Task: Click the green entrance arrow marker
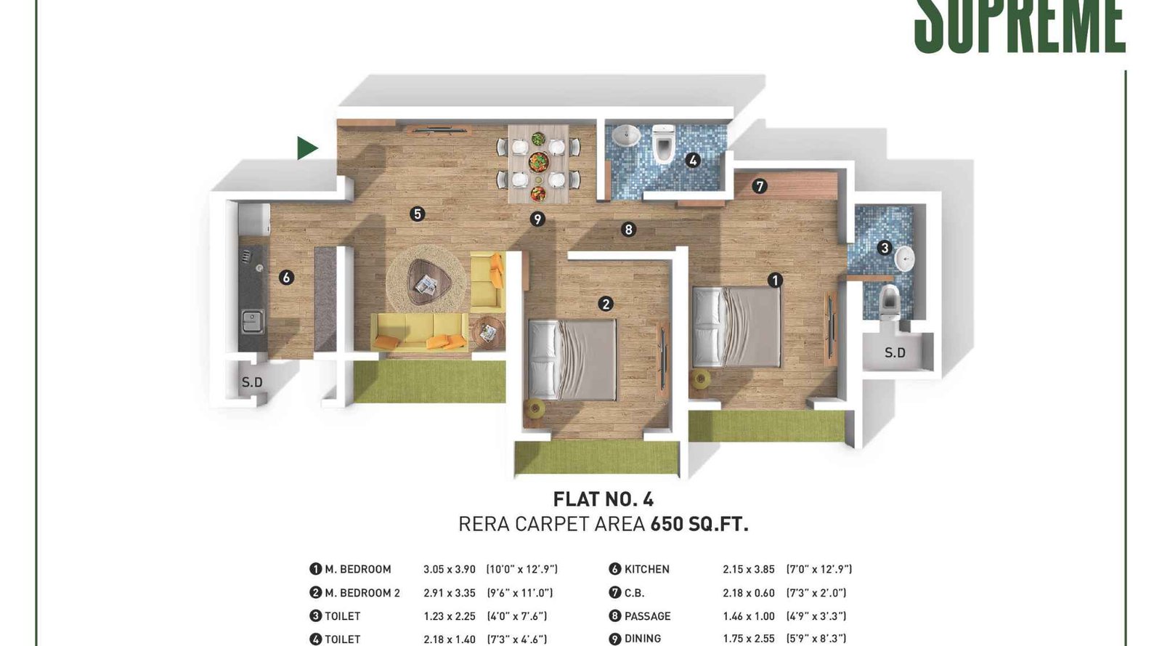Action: pyautogui.click(x=306, y=148)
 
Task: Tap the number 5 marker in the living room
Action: pyautogui.click(x=417, y=214)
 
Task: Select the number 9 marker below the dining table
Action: pyautogui.click(x=537, y=219)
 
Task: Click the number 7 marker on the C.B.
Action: pyautogui.click(x=760, y=186)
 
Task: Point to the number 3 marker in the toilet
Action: pyautogui.click(x=885, y=248)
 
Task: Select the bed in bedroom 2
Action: pyautogui.click(x=572, y=360)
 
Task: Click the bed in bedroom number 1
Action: pyautogui.click(x=736, y=326)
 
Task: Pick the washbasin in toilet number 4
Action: pyautogui.click(x=625, y=135)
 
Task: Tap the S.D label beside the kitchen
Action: pyautogui.click(x=252, y=382)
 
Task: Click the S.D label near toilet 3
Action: pyautogui.click(x=895, y=353)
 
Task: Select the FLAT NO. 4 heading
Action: pyautogui.click(x=603, y=499)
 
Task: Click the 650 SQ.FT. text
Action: pyautogui.click(x=699, y=524)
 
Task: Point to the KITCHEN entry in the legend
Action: pyautogui.click(x=646, y=569)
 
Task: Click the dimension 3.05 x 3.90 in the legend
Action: pyautogui.click(x=449, y=569)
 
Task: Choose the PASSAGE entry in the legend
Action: pyautogui.click(x=647, y=616)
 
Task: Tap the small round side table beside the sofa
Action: pyautogui.click(x=488, y=333)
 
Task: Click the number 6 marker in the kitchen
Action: pyautogui.click(x=286, y=277)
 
